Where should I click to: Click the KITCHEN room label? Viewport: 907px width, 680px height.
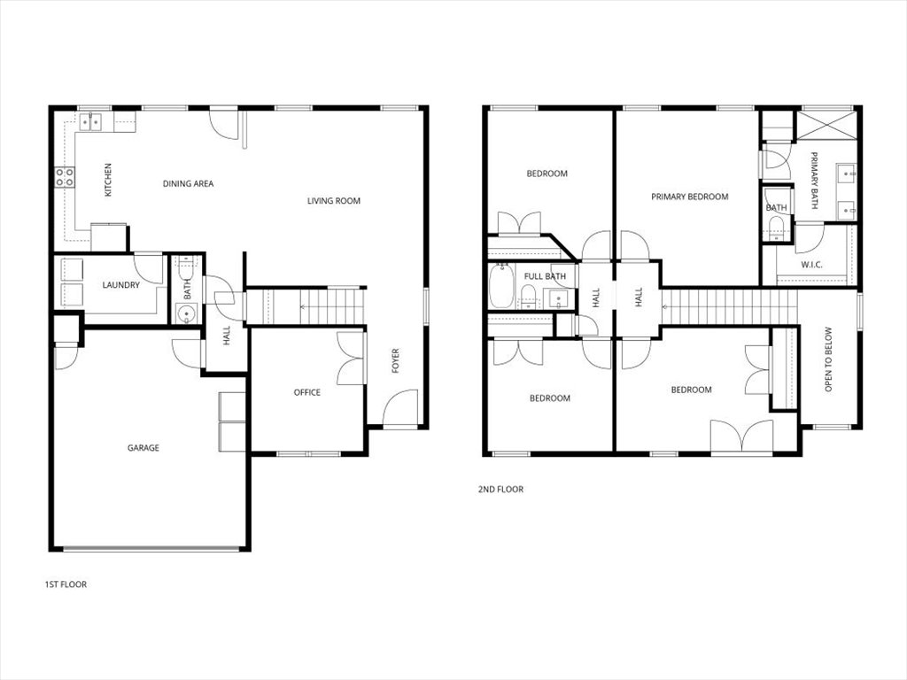(108, 180)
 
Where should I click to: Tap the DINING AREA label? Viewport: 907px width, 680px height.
(188, 184)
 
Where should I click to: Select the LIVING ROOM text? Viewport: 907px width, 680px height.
(334, 201)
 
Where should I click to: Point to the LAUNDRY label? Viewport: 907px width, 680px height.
(120, 285)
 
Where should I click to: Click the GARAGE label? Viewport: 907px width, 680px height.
(143, 448)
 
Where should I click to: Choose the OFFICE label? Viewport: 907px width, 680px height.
(307, 392)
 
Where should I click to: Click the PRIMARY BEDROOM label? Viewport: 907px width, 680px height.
(689, 197)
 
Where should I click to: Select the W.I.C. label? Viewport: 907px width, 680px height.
(813, 264)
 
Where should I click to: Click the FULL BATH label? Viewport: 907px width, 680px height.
(545, 276)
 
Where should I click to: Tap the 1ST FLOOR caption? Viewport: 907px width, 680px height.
(66, 584)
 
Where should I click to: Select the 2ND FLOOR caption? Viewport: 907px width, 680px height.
(500, 489)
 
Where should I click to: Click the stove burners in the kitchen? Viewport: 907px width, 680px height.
(65, 177)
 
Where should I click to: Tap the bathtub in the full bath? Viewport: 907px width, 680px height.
(501, 288)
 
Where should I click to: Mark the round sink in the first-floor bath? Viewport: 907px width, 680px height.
(185, 313)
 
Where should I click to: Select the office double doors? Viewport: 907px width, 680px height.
(353, 358)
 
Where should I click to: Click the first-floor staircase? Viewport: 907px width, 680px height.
(306, 307)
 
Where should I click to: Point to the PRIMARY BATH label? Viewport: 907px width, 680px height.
(814, 182)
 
